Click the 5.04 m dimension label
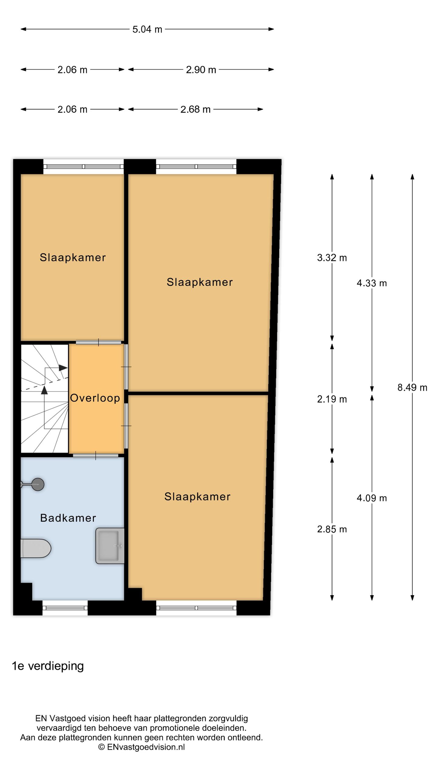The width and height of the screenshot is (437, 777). [147, 29]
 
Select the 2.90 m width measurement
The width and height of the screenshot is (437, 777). [201, 70]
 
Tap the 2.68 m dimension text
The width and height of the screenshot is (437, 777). [195, 109]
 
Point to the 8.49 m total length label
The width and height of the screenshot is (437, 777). [412, 388]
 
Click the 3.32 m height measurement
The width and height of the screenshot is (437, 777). [332, 258]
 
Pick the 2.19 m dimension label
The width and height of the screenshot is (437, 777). [332, 399]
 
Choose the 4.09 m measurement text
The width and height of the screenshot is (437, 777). [372, 498]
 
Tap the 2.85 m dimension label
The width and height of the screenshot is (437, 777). [332, 529]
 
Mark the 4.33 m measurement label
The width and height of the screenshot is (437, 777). [372, 283]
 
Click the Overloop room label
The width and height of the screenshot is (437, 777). [95, 398]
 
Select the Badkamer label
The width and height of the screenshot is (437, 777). [68, 518]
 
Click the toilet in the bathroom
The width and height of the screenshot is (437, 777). [36, 548]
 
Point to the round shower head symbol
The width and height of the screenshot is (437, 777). [38, 484]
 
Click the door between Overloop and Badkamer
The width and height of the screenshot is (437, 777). [96, 455]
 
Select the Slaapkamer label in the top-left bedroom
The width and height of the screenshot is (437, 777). [73, 257]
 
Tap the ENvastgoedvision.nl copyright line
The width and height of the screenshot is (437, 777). [141, 745]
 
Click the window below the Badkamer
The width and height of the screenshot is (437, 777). [65, 608]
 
